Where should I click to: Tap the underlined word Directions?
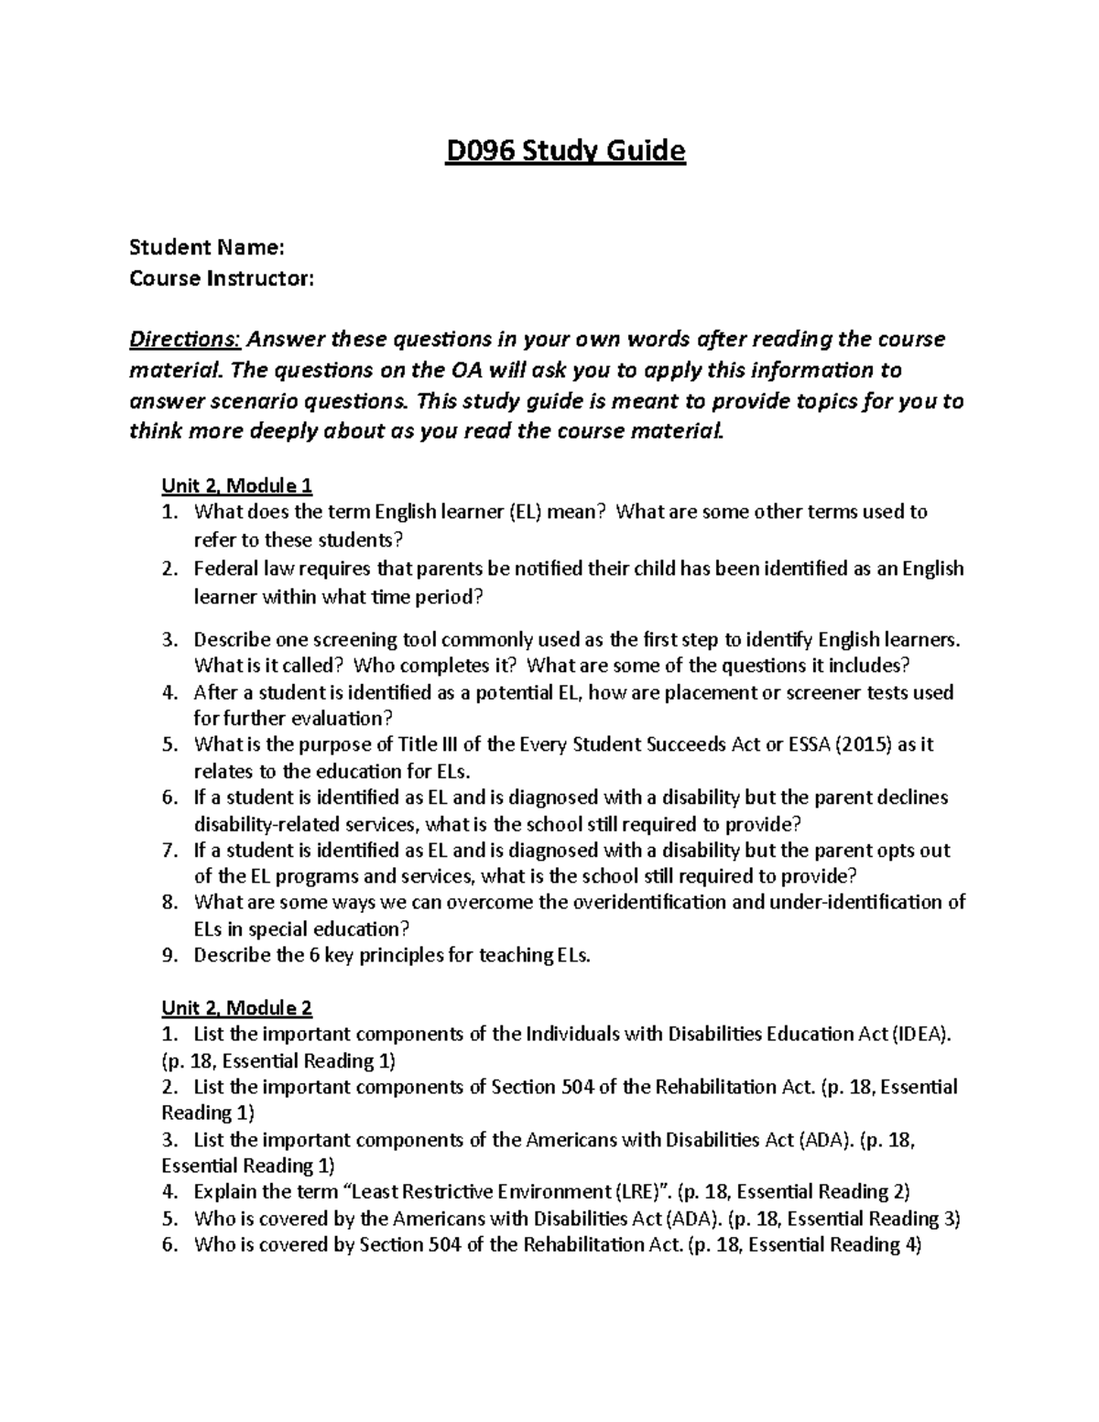185,340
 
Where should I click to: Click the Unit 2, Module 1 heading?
237,484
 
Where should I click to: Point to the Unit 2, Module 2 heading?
237,1008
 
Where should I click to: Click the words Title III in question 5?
423,744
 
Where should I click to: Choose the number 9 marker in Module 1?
169,956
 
